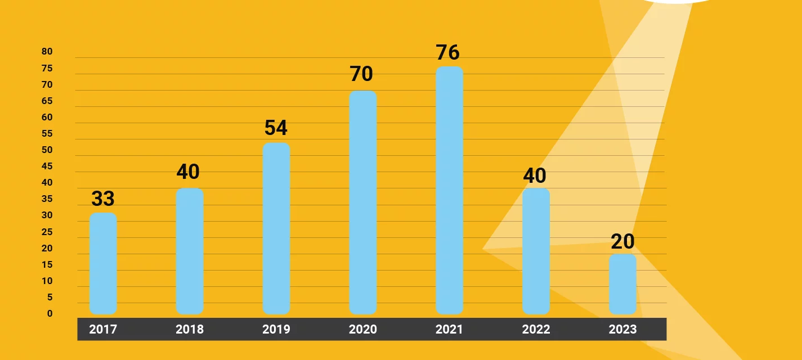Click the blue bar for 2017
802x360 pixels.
click(x=103, y=263)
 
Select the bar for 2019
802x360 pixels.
click(x=276, y=228)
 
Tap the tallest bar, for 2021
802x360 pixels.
click(x=449, y=190)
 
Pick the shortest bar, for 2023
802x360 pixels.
click(x=622, y=284)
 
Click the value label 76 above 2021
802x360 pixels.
click(x=447, y=52)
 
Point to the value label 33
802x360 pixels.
click(x=103, y=198)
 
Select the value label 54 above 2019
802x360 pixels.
click(x=276, y=128)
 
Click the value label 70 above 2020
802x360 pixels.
click(x=361, y=74)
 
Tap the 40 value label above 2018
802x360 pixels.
click(x=188, y=172)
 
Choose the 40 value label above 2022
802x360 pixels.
click(x=535, y=175)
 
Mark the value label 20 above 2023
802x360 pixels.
click(x=622, y=241)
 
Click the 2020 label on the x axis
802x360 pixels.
click(x=362, y=329)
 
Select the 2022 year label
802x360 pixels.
click(x=536, y=329)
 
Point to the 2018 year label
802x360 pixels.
click(x=190, y=329)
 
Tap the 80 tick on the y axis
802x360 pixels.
click(x=47, y=52)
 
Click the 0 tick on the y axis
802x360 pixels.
click(x=50, y=313)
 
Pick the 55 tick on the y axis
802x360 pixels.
click(x=47, y=133)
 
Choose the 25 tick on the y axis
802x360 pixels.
click(x=47, y=232)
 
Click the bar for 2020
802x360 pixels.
click(x=362, y=202)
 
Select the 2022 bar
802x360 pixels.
click(x=536, y=251)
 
